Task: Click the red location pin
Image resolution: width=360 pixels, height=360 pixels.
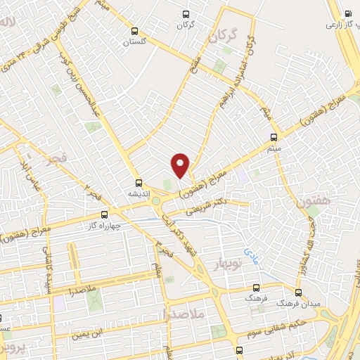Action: [181, 165]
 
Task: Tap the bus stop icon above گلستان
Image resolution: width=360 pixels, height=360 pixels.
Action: [134, 31]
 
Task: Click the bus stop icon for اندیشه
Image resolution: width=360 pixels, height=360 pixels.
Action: [139, 181]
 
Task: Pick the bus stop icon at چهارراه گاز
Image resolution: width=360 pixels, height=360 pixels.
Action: [105, 214]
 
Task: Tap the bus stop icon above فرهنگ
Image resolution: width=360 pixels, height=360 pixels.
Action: [256, 288]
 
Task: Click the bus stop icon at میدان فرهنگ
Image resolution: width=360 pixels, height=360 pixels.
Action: [298, 292]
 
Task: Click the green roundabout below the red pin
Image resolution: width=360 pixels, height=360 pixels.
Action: [155, 202]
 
